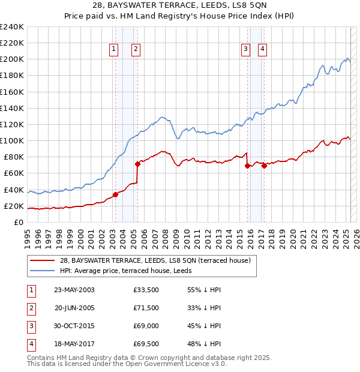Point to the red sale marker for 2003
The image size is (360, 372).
coord(115,194)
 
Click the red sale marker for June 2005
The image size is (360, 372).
coord(137,163)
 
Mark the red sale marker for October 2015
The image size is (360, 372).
coord(247,166)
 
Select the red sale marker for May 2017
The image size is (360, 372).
coord(264,165)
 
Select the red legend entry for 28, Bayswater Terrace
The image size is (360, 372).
coord(159,260)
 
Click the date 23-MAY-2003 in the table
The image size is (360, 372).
coord(74,290)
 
